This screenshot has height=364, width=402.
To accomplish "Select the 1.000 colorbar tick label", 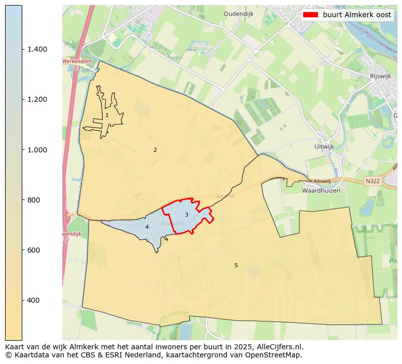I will point(36,150).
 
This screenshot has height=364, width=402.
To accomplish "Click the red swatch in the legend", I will point(310,15).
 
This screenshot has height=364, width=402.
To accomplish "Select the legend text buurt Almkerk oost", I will point(357,15).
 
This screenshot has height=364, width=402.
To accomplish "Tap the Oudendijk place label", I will point(238,14).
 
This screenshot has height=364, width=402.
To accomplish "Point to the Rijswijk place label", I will point(382,76).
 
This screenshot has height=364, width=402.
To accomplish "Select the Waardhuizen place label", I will point(321,191).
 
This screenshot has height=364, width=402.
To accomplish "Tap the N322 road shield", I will point(373,181).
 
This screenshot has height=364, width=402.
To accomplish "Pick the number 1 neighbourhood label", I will point(107,115).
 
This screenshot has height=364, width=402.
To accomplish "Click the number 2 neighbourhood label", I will point(155,150).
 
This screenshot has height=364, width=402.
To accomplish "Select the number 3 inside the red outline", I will point(186,215).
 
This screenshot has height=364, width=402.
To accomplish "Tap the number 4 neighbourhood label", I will point(147,227).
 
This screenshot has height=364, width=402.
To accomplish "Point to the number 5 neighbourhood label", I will point(236,265).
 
